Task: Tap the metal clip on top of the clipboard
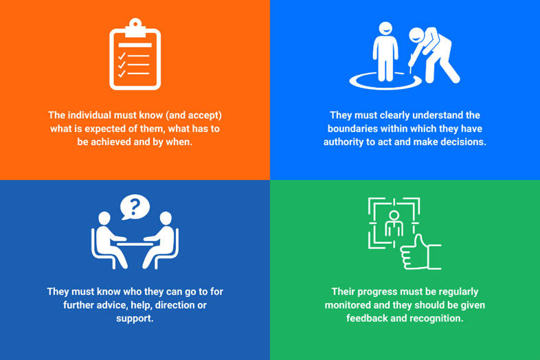[x=135, y=27]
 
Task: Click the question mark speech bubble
[x=135, y=207]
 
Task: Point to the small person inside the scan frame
[x=394, y=225]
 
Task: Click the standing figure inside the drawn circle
[x=385, y=52]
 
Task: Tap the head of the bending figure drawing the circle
[x=416, y=35]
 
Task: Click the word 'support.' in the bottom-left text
[x=135, y=319]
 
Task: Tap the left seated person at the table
[x=109, y=239]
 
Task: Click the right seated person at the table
[x=160, y=239]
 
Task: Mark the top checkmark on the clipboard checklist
[x=122, y=56]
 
